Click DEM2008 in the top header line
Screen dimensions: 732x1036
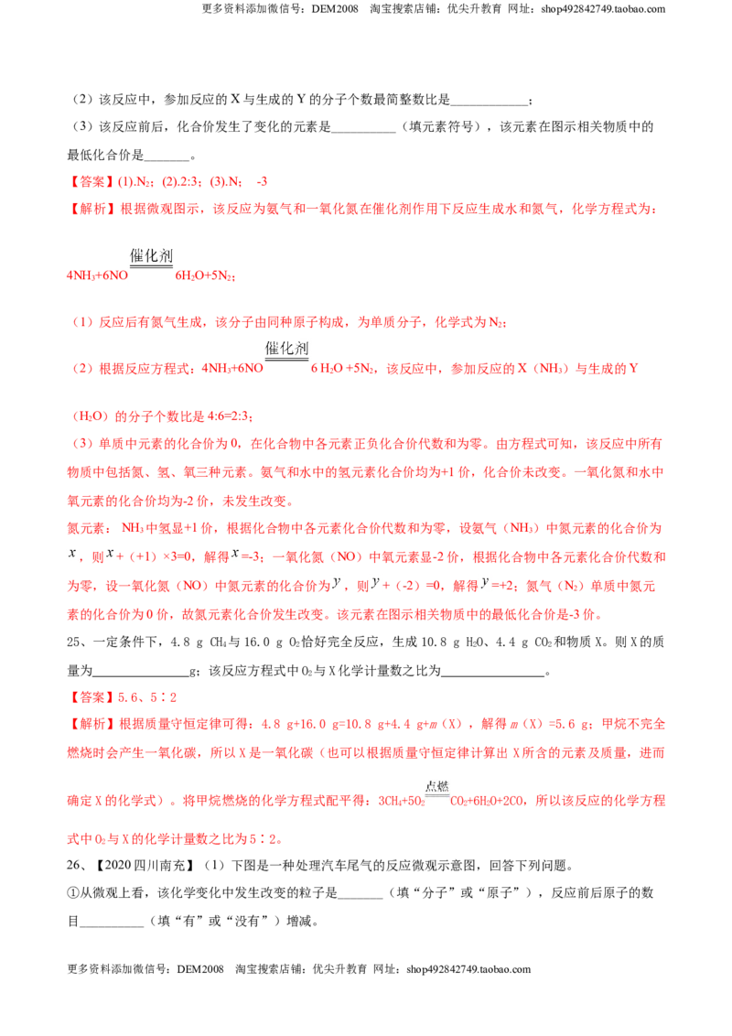[335, 9]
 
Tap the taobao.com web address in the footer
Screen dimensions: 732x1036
[468, 969]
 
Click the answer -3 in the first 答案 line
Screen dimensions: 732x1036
[262, 182]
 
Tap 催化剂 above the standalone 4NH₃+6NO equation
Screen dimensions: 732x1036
[151, 255]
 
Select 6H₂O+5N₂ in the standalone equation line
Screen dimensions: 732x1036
[205, 275]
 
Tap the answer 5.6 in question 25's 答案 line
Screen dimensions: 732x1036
[127, 697]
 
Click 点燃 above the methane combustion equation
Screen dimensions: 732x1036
[437, 786]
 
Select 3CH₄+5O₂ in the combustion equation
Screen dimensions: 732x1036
[402, 802]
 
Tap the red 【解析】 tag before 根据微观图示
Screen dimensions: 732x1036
[92, 209]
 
